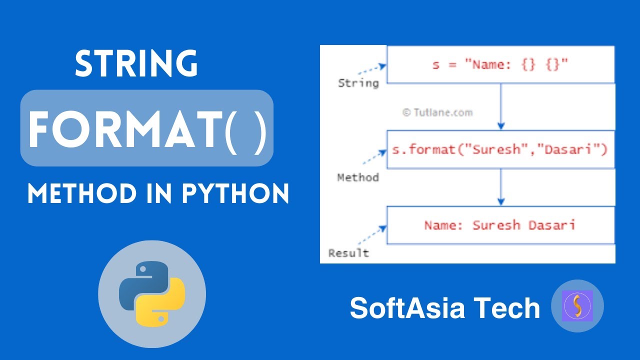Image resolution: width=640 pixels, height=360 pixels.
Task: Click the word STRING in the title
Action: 136,64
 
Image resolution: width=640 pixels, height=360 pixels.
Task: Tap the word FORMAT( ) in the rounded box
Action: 147,128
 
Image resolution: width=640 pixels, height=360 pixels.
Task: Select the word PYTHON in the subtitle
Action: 235,193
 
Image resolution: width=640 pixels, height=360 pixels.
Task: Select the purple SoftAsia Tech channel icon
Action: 577,306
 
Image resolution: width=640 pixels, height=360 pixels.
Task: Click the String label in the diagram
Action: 358,83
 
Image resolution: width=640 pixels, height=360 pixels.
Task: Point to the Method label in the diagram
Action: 358,177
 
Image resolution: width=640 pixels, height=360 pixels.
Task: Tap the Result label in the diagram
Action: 348,253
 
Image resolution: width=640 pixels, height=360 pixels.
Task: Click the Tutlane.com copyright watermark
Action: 437,112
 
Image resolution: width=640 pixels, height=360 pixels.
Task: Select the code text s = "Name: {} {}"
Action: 500,64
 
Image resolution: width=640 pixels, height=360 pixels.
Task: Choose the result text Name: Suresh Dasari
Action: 500,225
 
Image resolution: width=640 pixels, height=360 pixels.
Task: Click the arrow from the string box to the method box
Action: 501,106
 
